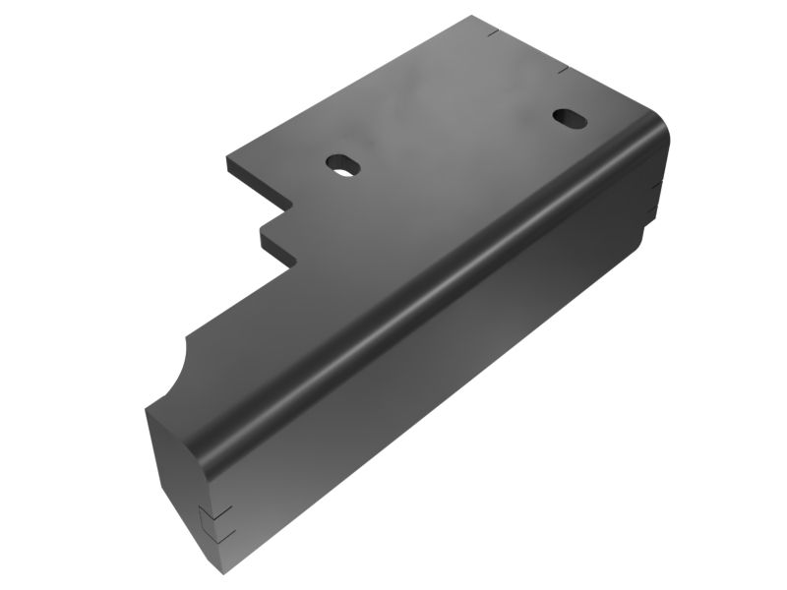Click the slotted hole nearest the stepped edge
341,163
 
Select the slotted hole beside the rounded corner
569,117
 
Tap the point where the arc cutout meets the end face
148,405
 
